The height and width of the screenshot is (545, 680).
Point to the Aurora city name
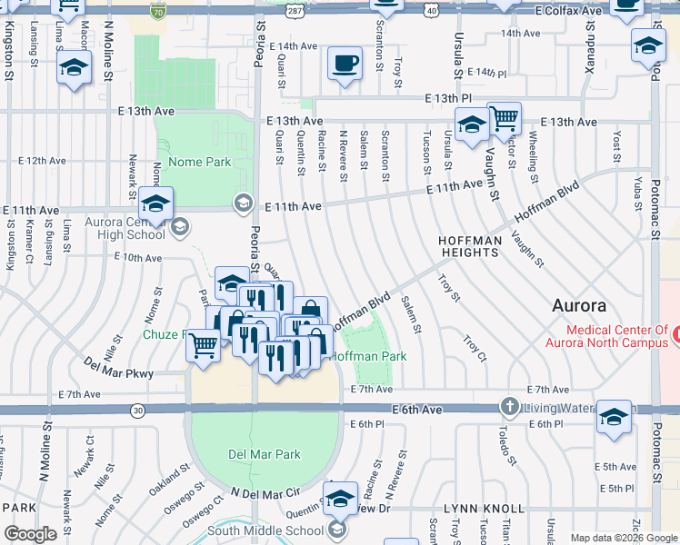coord(579,306)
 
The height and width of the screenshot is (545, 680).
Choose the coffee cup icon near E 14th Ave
coord(344,64)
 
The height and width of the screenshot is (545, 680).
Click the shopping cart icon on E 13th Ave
coord(504,118)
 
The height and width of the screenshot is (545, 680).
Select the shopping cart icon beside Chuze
coord(203,344)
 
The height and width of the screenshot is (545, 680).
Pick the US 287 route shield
coord(294,10)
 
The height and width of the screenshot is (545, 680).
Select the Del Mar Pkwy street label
coord(119,372)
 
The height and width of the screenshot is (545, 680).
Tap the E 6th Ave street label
coord(418,411)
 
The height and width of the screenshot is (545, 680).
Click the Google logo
coord(31,534)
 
